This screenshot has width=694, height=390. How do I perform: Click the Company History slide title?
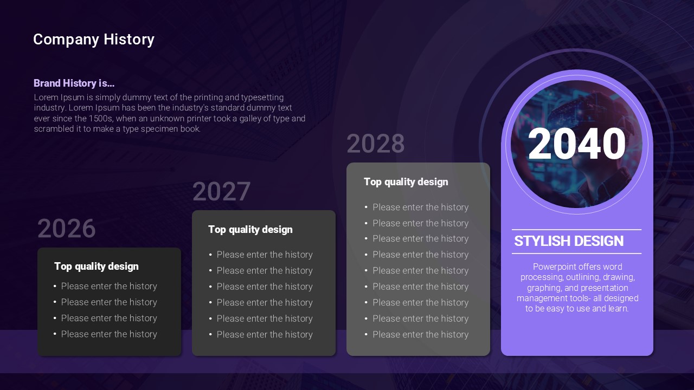click(94, 40)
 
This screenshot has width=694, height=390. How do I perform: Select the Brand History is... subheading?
click(74, 83)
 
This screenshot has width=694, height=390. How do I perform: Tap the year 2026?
click(66, 229)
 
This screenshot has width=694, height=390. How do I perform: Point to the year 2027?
click(221, 191)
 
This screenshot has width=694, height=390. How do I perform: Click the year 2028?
click(376, 144)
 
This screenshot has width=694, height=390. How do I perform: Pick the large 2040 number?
click(577, 144)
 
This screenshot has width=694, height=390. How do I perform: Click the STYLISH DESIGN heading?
click(569, 241)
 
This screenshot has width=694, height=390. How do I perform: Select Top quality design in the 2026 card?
click(97, 266)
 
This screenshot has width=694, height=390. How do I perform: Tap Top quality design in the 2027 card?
click(250, 230)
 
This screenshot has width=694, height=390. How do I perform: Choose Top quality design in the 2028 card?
click(406, 182)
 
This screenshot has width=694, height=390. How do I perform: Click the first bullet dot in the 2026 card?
click(55, 286)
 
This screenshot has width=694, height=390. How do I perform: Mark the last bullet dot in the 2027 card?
click(210, 335)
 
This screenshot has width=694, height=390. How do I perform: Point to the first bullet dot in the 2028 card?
click(366, 207)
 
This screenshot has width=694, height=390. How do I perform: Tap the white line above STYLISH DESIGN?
click(576, 230)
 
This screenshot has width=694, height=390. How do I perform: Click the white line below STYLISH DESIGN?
click(576, 253)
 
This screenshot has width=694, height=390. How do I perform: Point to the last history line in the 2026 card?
click(109, 334)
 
